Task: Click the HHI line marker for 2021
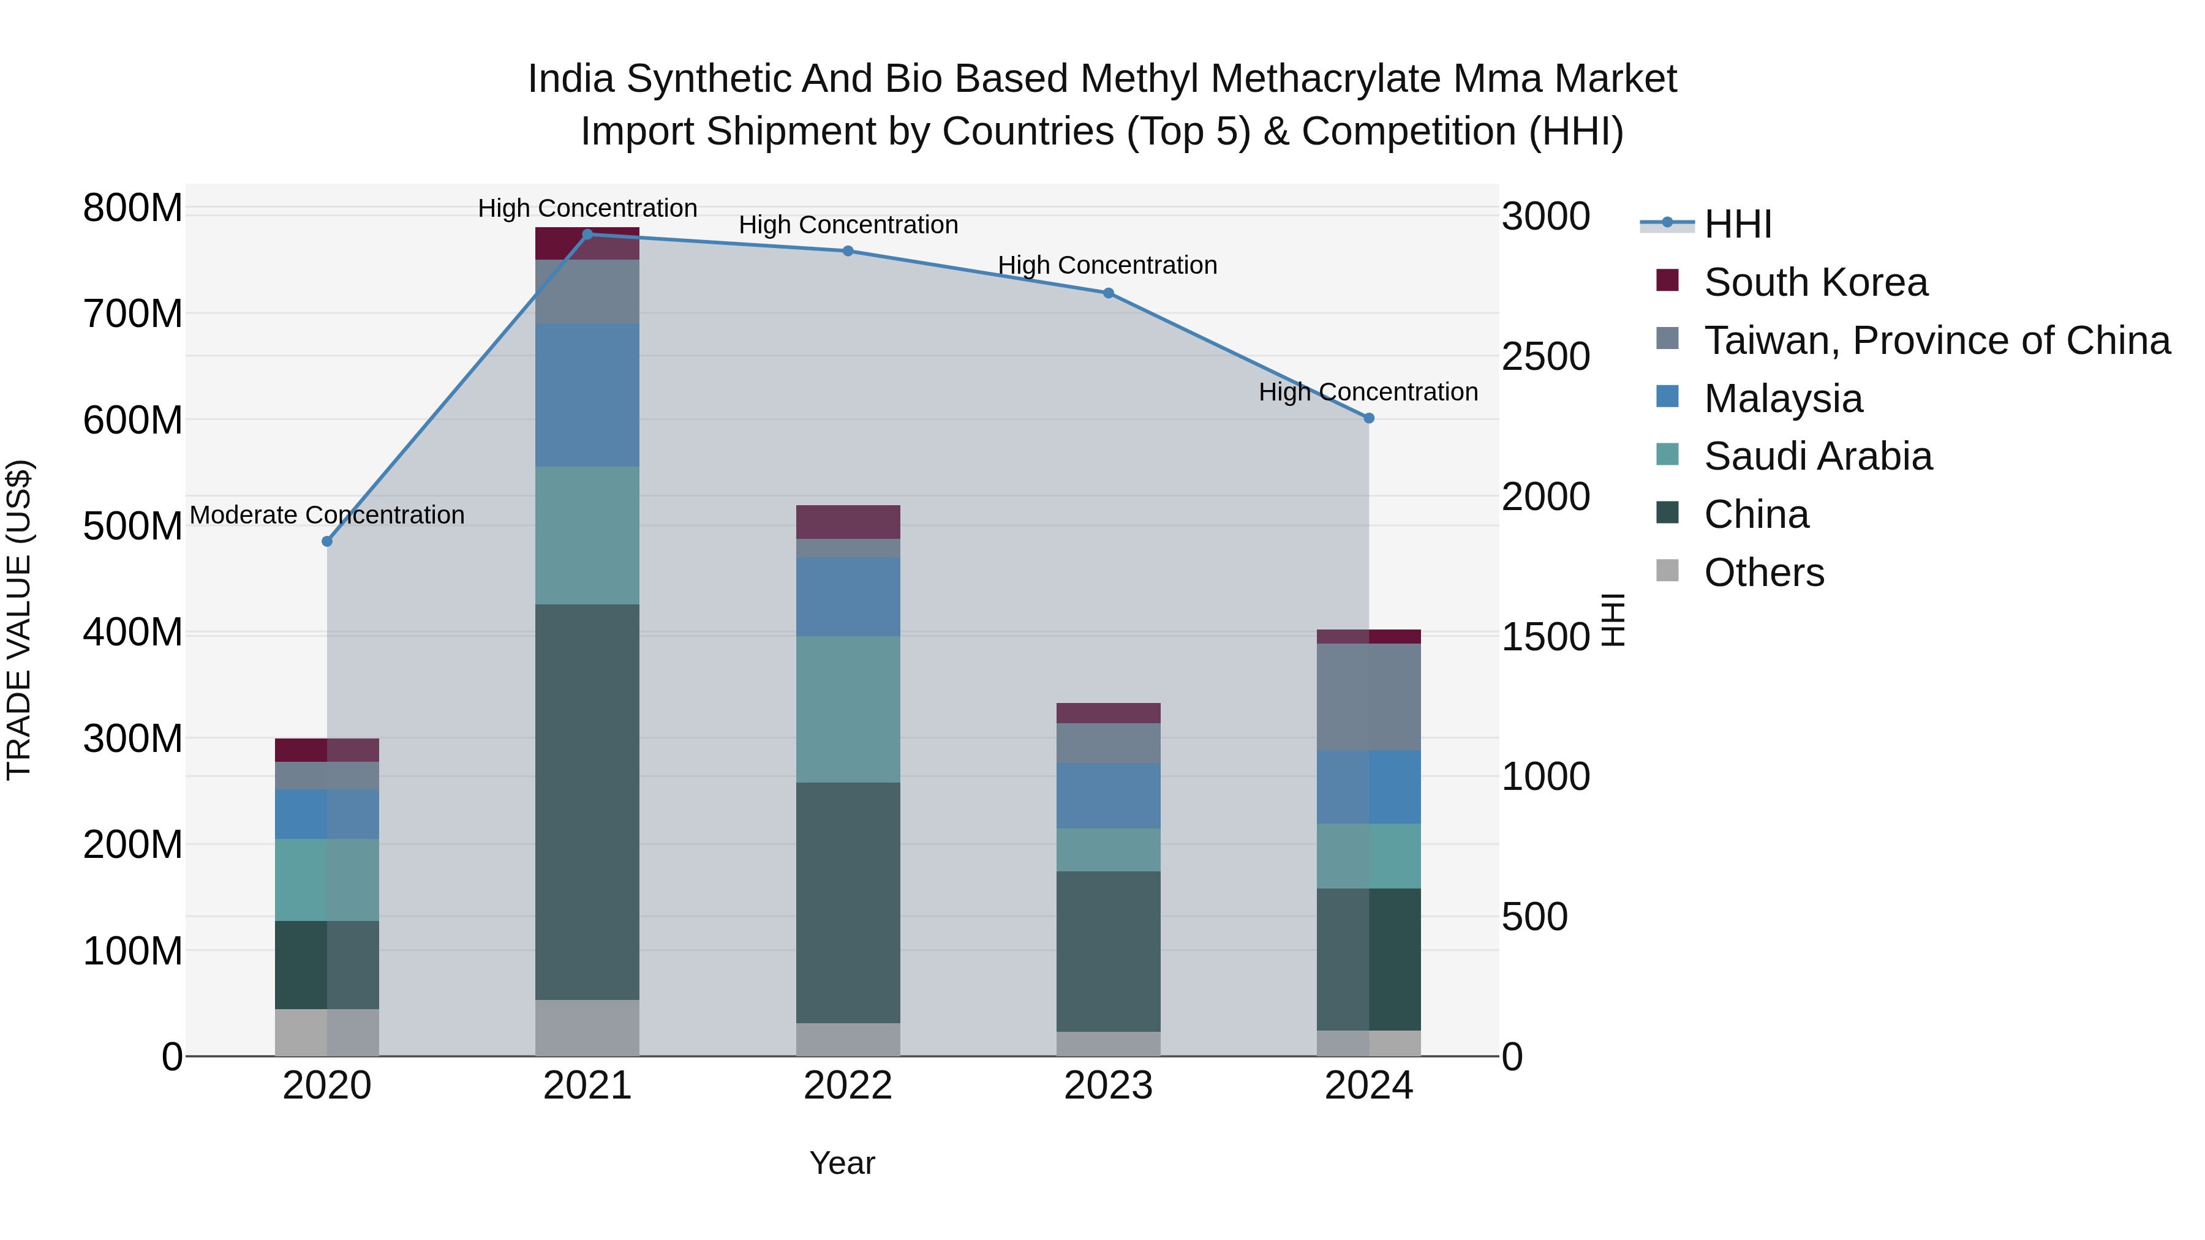click(587, 235)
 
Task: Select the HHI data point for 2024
click(1369, 418)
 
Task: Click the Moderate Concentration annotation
click(327, 515)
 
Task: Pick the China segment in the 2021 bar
click(587, 802)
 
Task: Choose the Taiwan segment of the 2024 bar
click(1369, 697)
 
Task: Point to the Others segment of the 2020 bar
click(327, 1032)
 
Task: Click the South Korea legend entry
click(1815, 282)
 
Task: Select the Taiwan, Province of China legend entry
click(1936, 340)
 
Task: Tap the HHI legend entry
click(1737, 224)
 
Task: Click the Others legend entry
click(1763, 573)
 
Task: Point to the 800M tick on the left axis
click(133, 208)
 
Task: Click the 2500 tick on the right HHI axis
click(1545, 357)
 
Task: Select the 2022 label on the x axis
click(848, 1086)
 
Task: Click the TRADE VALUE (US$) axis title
click(19, 620)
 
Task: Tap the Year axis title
click(842, 1163)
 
